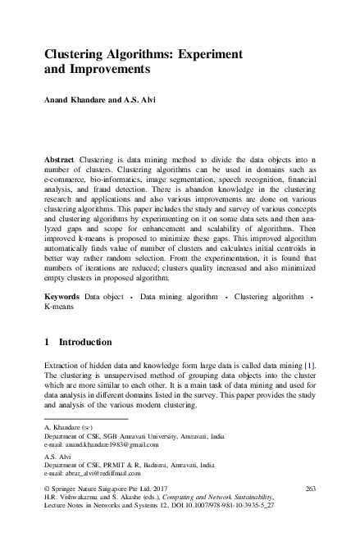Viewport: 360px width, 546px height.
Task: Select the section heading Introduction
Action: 85,341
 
